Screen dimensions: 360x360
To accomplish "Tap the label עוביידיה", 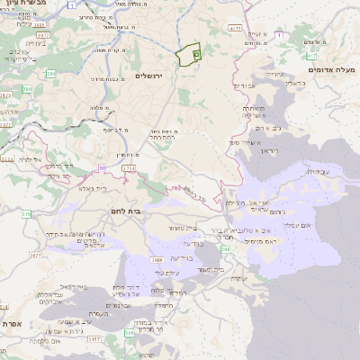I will (318, 171).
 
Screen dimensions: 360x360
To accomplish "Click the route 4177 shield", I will (235, 29).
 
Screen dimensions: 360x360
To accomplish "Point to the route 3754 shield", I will (129, 168).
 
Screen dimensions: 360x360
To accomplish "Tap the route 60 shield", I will (103, 167).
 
